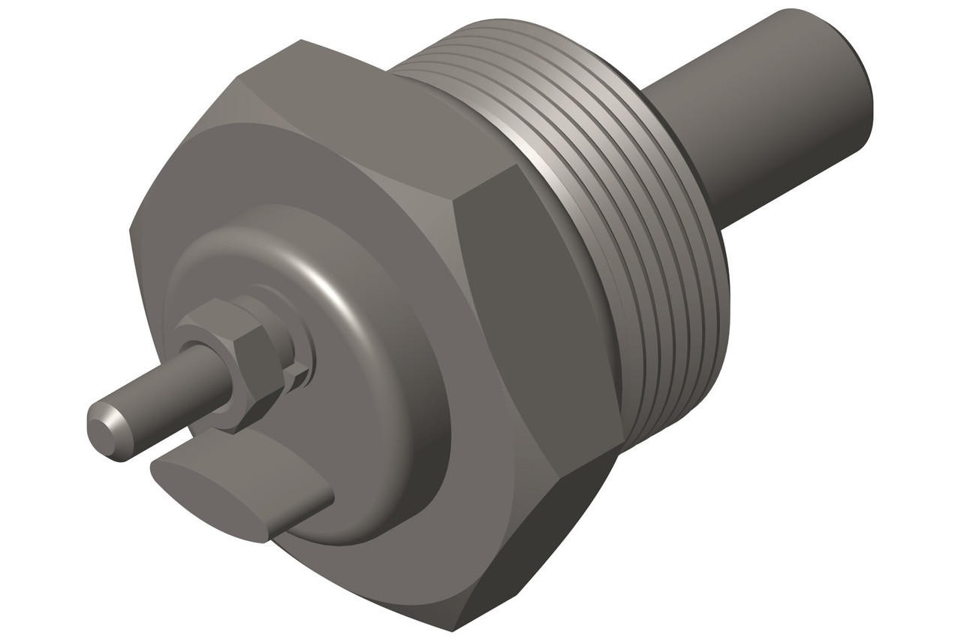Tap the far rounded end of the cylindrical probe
[863, 83]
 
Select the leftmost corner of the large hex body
[131, 229]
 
